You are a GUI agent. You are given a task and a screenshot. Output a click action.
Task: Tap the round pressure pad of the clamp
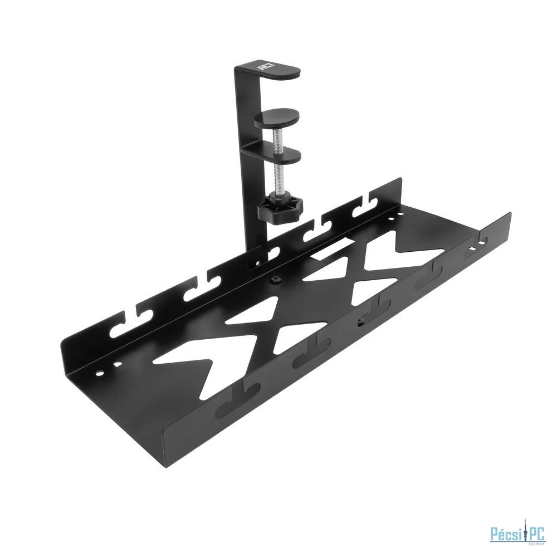pyautogui.click(x=277, y=118)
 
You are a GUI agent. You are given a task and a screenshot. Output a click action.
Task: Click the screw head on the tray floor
pyautogui.click(x=274, y=280)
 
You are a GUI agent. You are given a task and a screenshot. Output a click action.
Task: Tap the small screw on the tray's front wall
pyautogui.click(x=360, y=321)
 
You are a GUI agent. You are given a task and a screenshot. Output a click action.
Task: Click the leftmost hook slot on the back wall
pyautogui.click(x=123, y=328)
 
